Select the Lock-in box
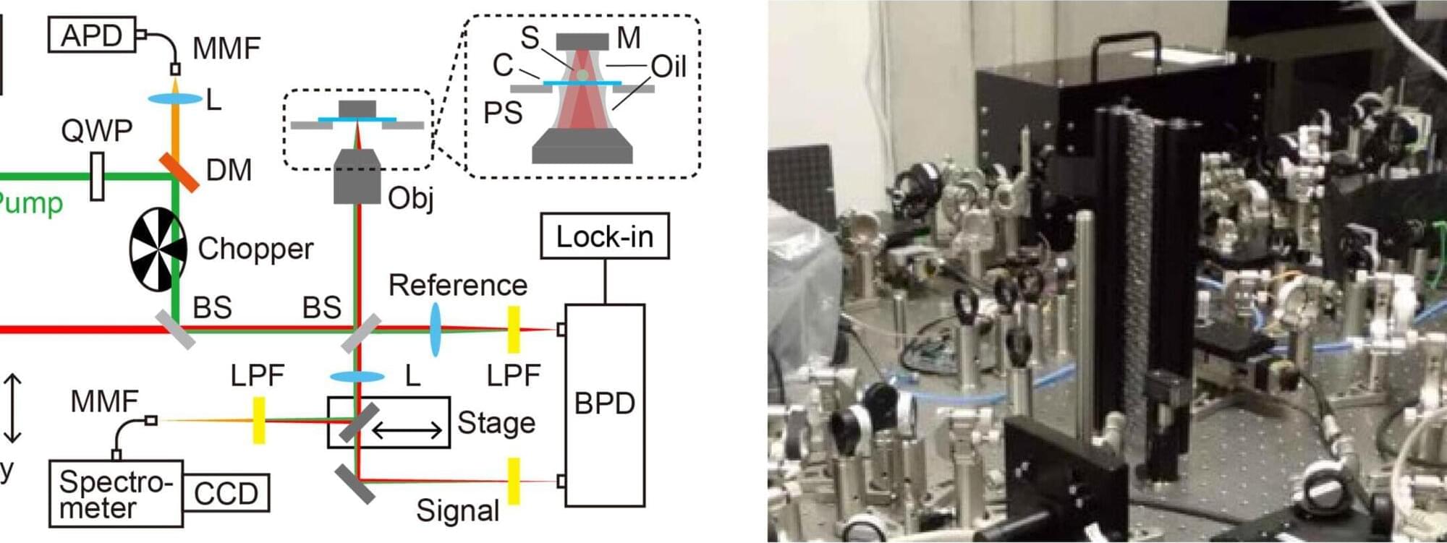pyautogui.click(x=604, y=236)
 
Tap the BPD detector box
pyautogui.click(x=604, y=405)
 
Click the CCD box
pyautogui.click(x=226, y=494)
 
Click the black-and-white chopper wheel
pyautogui.click(x=157, y=249)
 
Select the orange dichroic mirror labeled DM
pyautogui.click(x=179, y=171)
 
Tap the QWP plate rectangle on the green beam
pyautogui.click(x=97, y=176)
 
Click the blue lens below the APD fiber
pyautogui.click(x=175, y=98)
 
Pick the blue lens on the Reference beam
pyautogui.click(x=435, y=330)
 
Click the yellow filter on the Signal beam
pyautogui.click(x=514, y=481)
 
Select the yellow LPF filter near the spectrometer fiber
pyautogui.click(x=258, y=420)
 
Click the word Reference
pyautogui.click(x=457, y=286)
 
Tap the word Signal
pyautogui.click(x=457, y=511)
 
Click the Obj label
pyautogui.click(x=410, y=197)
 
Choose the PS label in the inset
pyautogui.click(x=502, y=114)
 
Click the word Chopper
pyautogui.click(x=255, y=249)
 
